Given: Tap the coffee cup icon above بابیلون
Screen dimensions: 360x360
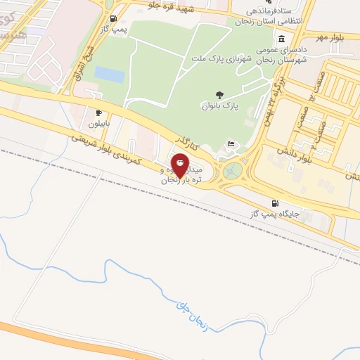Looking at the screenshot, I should click(98, 112).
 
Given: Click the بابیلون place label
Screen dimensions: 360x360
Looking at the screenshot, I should click(98, 123).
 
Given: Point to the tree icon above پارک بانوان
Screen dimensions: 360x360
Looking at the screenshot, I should click(220, 95).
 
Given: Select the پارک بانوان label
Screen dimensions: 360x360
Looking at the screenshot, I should click(221, 106).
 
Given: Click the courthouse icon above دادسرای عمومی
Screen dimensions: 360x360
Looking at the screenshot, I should click(281, 39).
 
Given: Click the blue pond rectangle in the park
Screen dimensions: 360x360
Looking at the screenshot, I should click(108, 74).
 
